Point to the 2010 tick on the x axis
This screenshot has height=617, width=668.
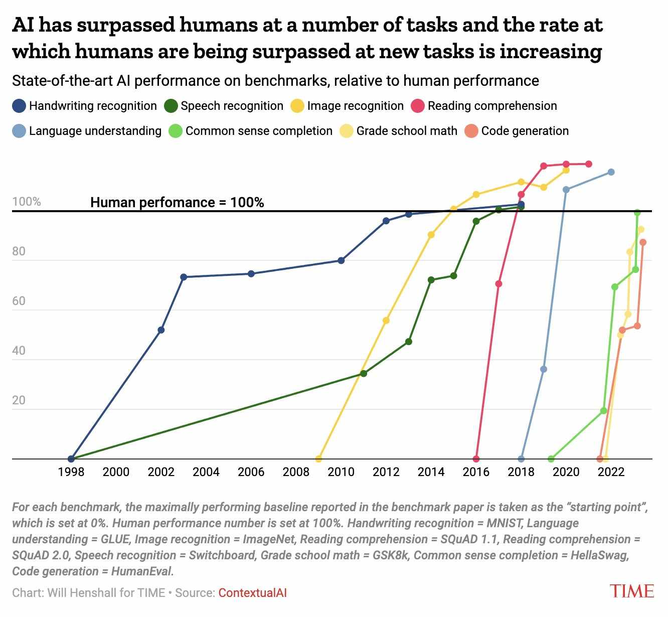pyautogui.click(x=341, y=472)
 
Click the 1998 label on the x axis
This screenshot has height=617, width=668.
pyautogui.click(x=71, y=472)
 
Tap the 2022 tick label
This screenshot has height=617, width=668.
pyautogui.click(x=611, y=472)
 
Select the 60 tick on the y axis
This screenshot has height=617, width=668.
pyautogui.click(x=19, y=301)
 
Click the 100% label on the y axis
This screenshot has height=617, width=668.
pyautogui.click(x=27, y=202)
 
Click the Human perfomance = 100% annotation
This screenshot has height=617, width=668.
pyautogui.click(x=177, y=202)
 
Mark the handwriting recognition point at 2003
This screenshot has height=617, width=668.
pyautogui.click(x=184, y=277)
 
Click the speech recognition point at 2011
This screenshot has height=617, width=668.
pyautogui.click(x=364, y=374)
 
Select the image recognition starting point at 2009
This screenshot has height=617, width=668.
pyautogui.click(x=318, y=458)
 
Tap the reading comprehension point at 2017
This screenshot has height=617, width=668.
pyautogui.click(x=498, y=284)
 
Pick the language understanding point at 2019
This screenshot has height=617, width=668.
pyautogui.click(x=544, y=369)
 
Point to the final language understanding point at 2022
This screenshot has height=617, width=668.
pyautogui.click(x=611, y=172)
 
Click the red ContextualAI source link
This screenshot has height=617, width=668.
pyautogui.click(x=252, y=593)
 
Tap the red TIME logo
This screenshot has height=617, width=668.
pyautogui.click(x=632, y=591)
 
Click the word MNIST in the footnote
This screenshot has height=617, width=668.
pyautogui.click(x=505, y=523)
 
